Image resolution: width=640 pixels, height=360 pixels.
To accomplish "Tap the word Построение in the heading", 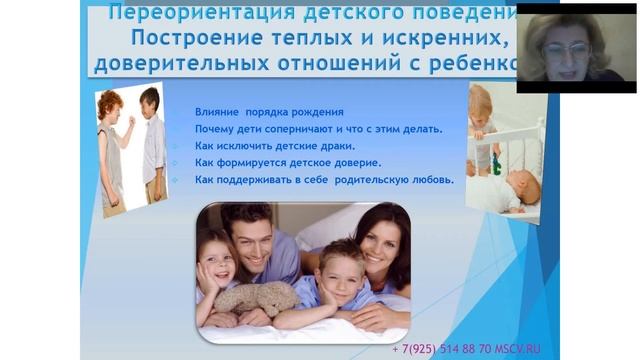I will (x=189, y=41).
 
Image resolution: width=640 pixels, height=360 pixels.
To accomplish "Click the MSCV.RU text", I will (x=520, y=350).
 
